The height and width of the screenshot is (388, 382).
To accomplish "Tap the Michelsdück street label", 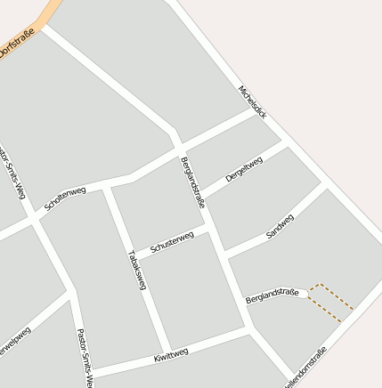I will tap(252, 102).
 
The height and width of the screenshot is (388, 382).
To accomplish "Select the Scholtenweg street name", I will tap(64, 198).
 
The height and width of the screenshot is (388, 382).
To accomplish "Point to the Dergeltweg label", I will tap(244, 169).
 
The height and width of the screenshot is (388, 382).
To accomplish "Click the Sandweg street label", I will tap(280, 227).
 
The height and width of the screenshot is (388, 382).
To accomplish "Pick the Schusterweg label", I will tap(172, 241).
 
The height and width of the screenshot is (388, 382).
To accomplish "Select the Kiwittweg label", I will tap(171, 355).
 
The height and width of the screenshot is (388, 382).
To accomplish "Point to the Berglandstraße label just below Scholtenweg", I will tap(193, 182).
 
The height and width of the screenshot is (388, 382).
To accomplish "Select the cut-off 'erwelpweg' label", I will tap(15, 344).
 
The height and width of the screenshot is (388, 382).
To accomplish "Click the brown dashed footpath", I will tap(331, 303).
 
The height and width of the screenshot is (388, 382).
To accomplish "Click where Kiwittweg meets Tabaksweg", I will tap(167, 351).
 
